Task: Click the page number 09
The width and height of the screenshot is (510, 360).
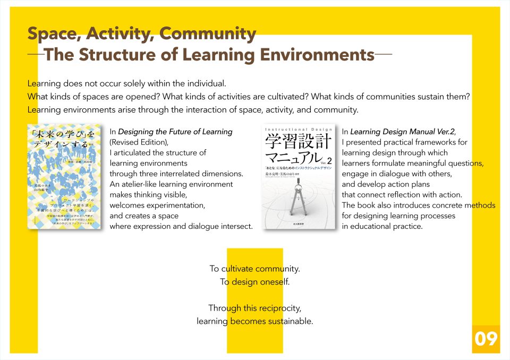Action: tap(486, 339)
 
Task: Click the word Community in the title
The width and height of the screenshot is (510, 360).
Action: tap(208, 33)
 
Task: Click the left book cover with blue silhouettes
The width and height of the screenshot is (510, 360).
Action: tap(66, 177)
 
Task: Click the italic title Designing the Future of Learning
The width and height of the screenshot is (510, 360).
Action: tap(175, 132)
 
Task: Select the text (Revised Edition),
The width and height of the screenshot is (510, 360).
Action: tap(139, 142)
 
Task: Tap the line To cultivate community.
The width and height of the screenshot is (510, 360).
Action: tap(254, 269)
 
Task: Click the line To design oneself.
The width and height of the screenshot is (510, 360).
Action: tap(255, 282)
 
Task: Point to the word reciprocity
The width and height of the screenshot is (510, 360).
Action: tap(279, 308)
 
